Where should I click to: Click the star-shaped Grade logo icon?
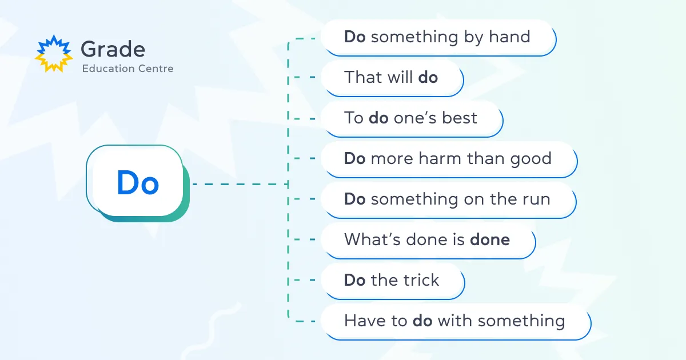54,54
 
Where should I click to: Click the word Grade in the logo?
113,49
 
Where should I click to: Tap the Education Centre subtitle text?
127,69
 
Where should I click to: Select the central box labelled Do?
138,183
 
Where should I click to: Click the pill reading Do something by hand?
438,38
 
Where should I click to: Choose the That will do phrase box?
392,78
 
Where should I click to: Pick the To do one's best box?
412,119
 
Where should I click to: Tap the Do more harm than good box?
449,159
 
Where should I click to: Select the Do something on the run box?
449,200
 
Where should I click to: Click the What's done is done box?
428,241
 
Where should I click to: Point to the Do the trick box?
393,281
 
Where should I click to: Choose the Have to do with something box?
456,322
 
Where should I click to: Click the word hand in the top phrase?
509,37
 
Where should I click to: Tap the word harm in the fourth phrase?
440,158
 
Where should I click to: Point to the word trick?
421,280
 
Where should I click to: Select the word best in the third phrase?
460,118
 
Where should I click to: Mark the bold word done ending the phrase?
490,239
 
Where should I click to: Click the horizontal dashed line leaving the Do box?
241,184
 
